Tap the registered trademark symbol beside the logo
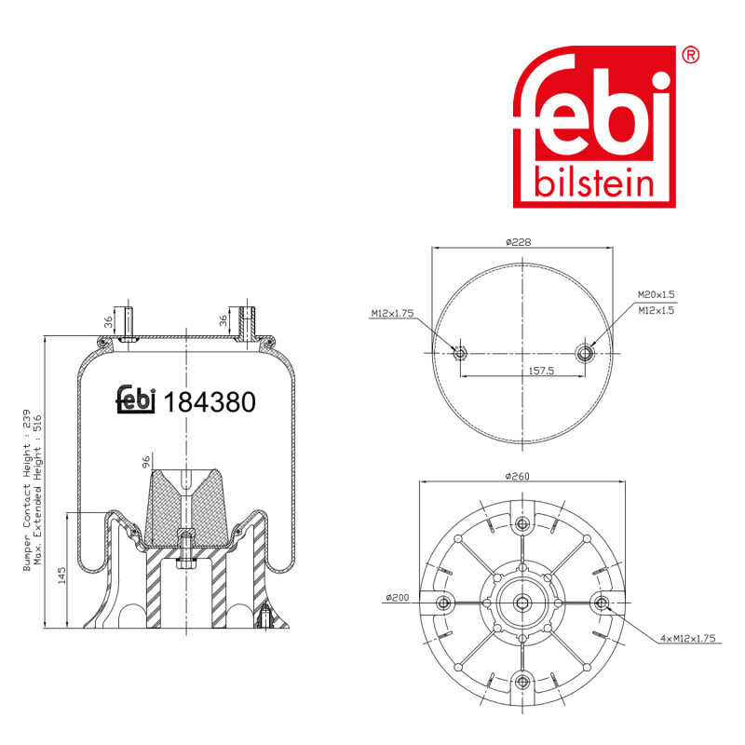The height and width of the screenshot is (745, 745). coord(691,55)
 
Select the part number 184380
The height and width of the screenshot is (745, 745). coord(209,401)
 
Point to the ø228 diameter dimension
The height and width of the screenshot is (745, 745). coord(519,242)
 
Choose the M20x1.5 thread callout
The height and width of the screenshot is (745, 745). coord(657,294)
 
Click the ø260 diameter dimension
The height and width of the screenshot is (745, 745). coord(519,477)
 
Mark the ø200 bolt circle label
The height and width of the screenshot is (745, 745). coord(396,597)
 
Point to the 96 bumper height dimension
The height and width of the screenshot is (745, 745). coord(146,461)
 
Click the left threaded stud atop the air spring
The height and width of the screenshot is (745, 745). coord(127,321)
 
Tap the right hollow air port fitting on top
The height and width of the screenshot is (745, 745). coord(247,321)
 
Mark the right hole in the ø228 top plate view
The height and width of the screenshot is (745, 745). coord(584,352)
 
